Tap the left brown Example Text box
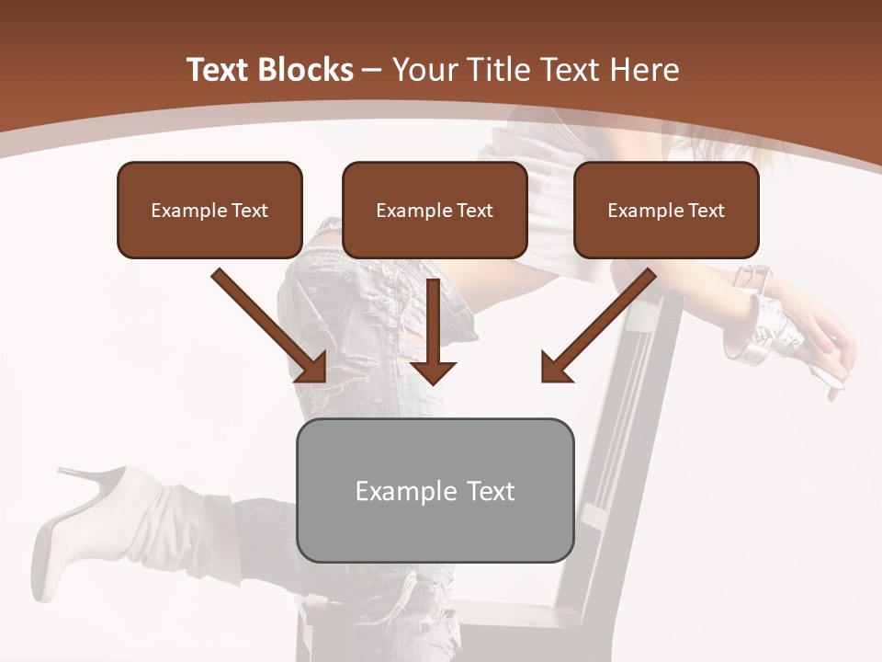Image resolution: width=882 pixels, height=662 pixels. (x=209, y=210)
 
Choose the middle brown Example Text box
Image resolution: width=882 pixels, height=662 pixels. (x=435, y=210)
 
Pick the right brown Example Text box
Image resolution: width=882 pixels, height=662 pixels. (x=666, y=210)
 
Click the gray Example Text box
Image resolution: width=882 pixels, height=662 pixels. (x=435, y=490)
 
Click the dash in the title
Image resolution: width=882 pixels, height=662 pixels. (x=373, y=70)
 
